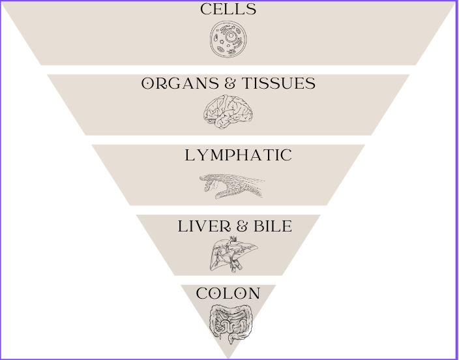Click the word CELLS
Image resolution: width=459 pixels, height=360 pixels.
(228, 9)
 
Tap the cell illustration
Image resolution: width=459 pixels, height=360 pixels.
(229, 39)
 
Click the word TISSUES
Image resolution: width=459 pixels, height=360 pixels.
(279, 84)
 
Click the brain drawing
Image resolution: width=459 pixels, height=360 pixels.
(228, 112)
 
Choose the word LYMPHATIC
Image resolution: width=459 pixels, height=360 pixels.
(238, 155)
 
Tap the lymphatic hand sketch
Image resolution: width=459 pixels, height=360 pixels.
(232, 186)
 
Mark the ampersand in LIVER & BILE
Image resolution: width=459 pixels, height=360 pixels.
(242, 226)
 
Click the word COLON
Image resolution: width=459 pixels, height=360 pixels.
(228, 293)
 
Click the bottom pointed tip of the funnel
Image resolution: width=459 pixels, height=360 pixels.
(228, 357)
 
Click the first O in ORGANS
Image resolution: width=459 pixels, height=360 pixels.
(148, 84)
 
